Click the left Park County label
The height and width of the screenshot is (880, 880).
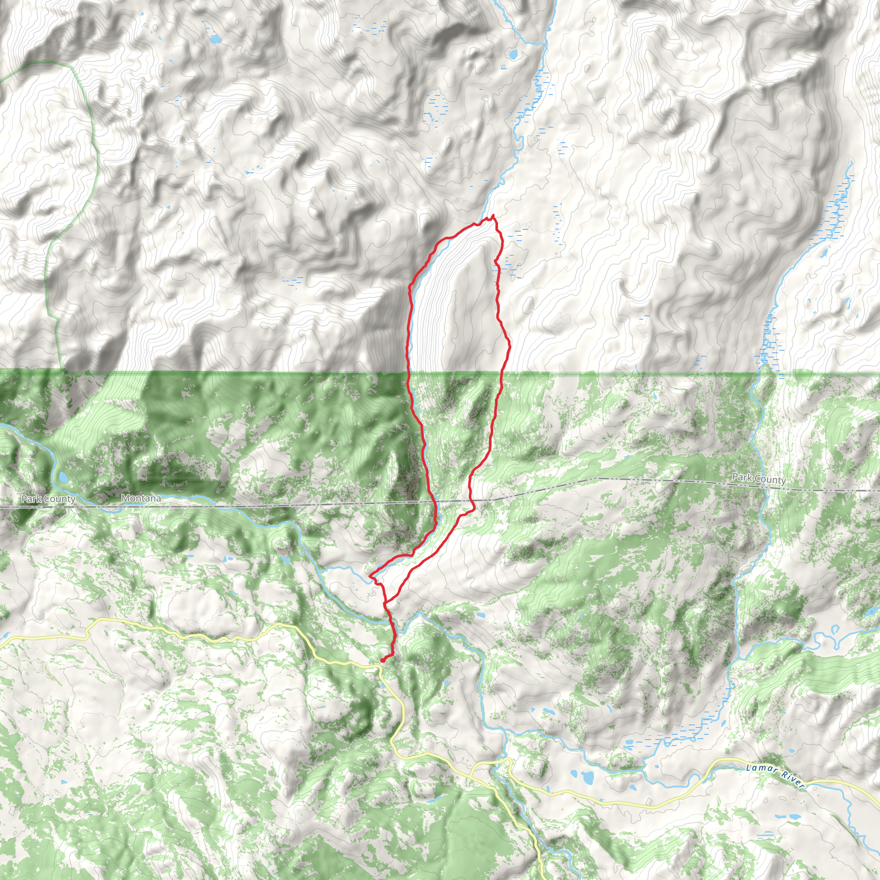pyautogui.click(x=48, y=499)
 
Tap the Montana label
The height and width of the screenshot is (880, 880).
pyautogui.click(x=141, y=498)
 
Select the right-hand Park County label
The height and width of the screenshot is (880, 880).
pyautogui.click(x=759, y=479)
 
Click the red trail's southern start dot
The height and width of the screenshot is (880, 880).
pyautogui.click(x=382, y=660)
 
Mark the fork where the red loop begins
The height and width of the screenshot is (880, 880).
pyautogui.click(x=385, y=604)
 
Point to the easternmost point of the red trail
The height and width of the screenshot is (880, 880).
pyautogui.click(x=510, y=347)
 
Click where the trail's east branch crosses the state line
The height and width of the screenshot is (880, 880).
pyautogui.click(x=474, y=501)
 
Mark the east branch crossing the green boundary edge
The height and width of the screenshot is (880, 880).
pyautogui.click(x=502, y=373)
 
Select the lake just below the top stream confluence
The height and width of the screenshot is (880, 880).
pyautogui.click(x=513, y=55)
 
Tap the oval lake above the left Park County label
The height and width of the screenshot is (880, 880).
pyautogui.click(x=63, y=478)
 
